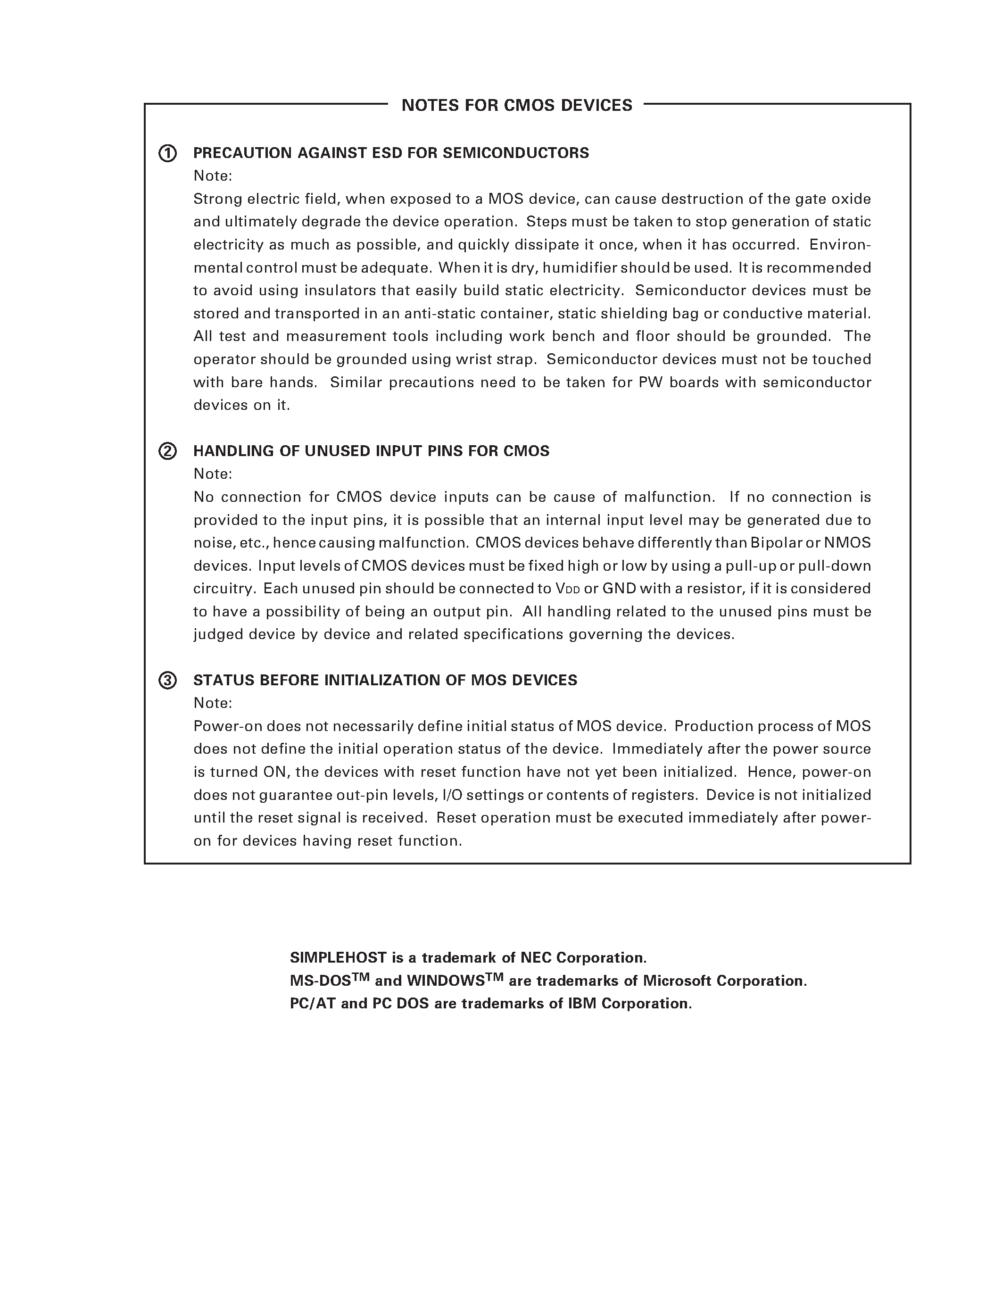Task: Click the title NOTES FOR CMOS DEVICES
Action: [x=516, y=105]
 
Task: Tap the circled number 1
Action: [x=167, y=153]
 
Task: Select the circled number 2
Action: [x=167, y=451]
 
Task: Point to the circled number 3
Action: [x=167, y=681]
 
